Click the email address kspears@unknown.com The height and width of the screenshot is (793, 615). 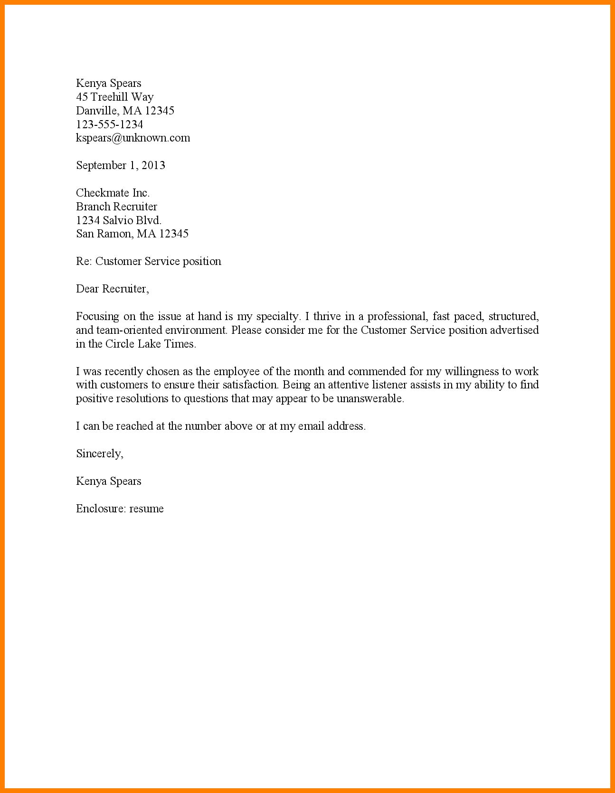(x=133, y=138)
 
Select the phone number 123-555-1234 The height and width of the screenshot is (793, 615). (x=109, y=124)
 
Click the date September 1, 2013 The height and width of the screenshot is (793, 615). (x=121, y=166)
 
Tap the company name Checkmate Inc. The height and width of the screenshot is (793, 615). (x=113, y=193)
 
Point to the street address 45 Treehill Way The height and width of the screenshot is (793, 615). (x=115, y=97)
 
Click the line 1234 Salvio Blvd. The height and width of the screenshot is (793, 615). (x=119, y=220)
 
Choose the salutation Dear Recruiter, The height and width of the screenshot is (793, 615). (x=113, y=289)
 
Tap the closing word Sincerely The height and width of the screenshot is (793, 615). (x=99, y=453)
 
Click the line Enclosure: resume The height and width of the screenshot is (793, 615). (x=120, y=509)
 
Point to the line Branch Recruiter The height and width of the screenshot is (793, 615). (x=116, y=207)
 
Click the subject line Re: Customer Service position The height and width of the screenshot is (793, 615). (x=149, y=261)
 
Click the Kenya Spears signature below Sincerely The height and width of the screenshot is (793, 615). (x=109, y=481)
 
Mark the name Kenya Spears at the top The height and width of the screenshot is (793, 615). (x=109, y=84)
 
